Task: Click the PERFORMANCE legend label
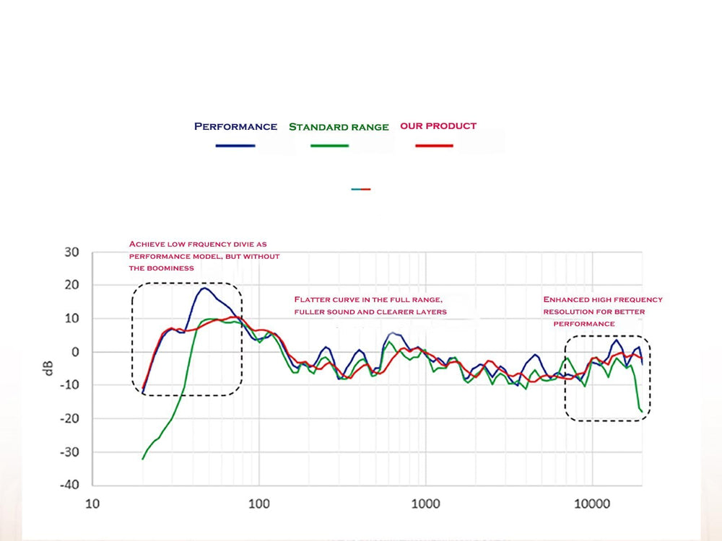pos(235,126)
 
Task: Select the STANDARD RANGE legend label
pos(339,127)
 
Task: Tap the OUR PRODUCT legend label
pos(438,126)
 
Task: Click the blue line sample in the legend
pos(235,146)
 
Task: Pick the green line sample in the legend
pos(330,146)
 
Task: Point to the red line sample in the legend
pos(434,146)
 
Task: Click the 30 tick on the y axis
pos(71,252)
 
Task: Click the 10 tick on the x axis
pos(92,503)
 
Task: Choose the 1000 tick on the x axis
pos(425,503)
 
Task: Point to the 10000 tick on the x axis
pos(592,503)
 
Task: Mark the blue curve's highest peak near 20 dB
pos(204,289)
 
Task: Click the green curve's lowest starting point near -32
pos(143,458)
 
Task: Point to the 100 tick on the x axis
pos(258,503)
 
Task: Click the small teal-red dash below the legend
pos(361,189)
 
